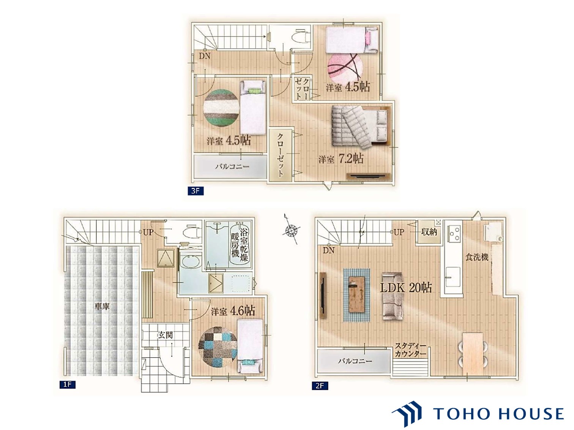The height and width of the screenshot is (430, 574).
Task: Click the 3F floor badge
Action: click(196, 191)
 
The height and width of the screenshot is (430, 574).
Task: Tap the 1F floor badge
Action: click(67, 384)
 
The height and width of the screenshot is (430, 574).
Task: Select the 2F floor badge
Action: click(320, 386)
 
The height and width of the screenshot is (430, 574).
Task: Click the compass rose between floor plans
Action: click(291, 229)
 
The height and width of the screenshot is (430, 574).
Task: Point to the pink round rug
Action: click(345, 68)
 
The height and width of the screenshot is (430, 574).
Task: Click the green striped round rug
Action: click(221, 108)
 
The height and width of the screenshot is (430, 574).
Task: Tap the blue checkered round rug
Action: click(218, 347)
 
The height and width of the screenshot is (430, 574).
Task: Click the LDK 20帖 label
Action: click(405, 287)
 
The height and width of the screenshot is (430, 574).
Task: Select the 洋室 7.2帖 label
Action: click(341, 158)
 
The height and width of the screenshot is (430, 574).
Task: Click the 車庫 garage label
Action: click(102, 306)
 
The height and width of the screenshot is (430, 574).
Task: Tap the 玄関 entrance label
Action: click(165, 335)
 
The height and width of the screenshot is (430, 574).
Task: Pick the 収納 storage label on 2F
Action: click(429, 232)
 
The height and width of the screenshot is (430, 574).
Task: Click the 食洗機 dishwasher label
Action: click(477, 257)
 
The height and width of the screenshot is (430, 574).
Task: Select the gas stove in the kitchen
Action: click(454, 234)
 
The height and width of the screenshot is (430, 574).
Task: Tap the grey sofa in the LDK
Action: click(392, 296)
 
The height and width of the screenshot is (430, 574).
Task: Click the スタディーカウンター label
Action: click(410, 350)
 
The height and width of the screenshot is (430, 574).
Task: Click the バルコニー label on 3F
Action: click(232, 166)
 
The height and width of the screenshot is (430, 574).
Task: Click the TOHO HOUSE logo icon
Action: click(407, 414)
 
